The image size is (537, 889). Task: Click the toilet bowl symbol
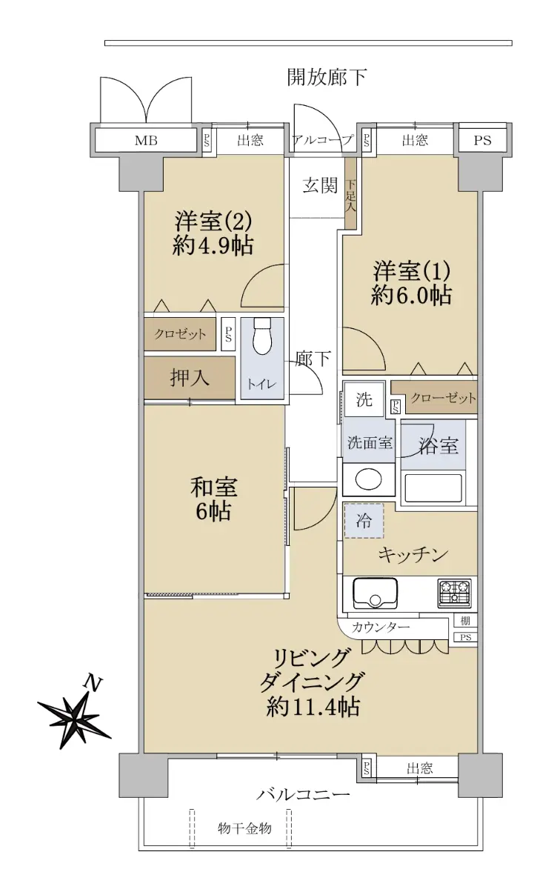click(x=261, y=336)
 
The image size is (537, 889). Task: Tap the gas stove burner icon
click(x=455, y=593)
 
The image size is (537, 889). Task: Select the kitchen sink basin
click(x=375, y=593)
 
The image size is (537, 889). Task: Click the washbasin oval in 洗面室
click(x=368, y=480)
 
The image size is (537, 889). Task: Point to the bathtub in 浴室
click(x=433, y=487)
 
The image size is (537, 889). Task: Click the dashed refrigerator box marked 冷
click(x=364, y=520)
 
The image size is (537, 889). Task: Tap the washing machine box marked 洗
click(x=364, y=399)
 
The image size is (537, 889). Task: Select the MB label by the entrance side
click(x=146, y=140)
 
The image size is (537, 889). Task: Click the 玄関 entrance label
click(x=320, y=185)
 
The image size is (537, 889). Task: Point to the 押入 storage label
click(x=190, y=377)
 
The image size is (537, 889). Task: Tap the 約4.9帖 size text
click(x=213, y=246)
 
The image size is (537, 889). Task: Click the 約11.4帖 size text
click(x=313, y=707)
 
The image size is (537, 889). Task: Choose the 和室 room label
click(x=214, y=487)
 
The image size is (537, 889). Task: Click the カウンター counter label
click(x=381, y=627)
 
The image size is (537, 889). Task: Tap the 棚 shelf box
click(x=466, y=620)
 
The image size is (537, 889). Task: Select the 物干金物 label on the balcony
click(x=244, y=828)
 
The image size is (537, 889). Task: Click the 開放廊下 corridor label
click(x=327, y=77)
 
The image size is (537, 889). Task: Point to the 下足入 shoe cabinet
click(x=350, y=193)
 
